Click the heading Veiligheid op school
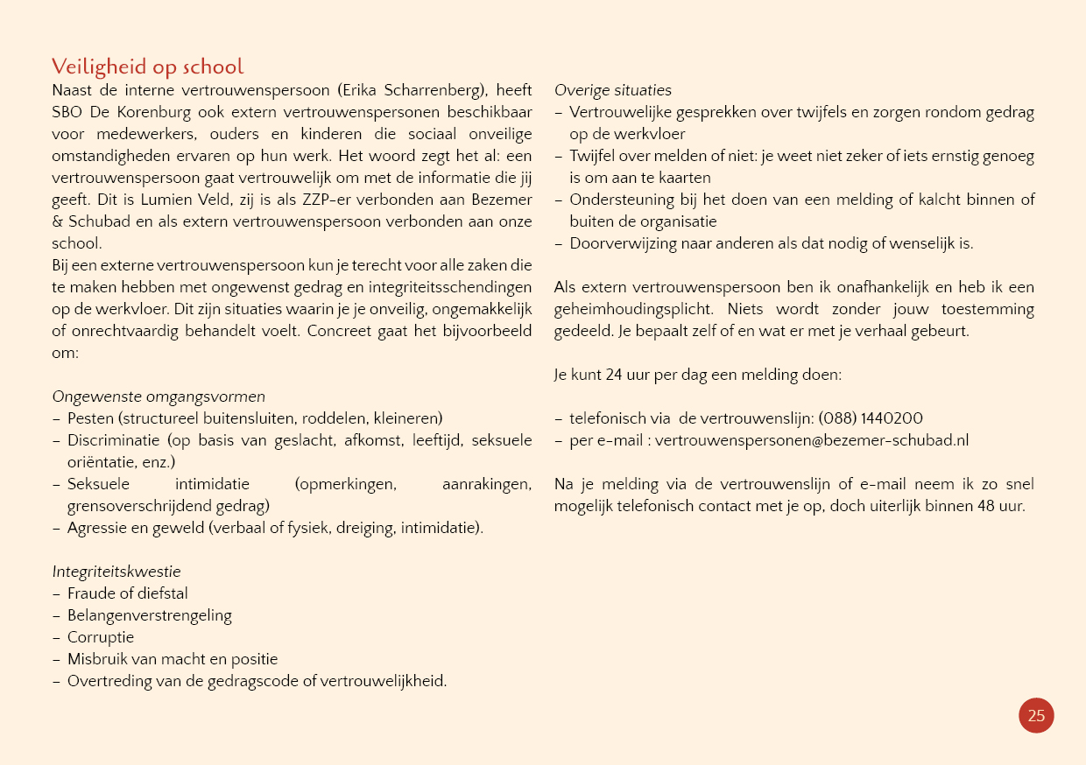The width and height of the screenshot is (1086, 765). (147, 67)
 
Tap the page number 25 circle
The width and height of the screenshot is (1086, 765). (1036, 715)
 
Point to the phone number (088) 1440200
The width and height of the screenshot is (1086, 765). (871, 418)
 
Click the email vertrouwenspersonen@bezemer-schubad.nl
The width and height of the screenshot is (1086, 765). (812, 440)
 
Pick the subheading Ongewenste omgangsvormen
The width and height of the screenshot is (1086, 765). (159, 397)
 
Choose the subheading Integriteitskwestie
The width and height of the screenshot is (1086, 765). (116, 572)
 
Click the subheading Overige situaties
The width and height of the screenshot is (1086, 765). (613, 90)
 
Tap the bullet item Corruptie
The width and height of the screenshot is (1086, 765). (101, 637)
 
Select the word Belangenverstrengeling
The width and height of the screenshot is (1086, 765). (150, 615)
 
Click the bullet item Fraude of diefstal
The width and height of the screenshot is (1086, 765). (128, 593)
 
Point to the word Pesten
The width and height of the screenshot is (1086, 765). (91, 418)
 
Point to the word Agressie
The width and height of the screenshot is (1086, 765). (97, 528)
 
